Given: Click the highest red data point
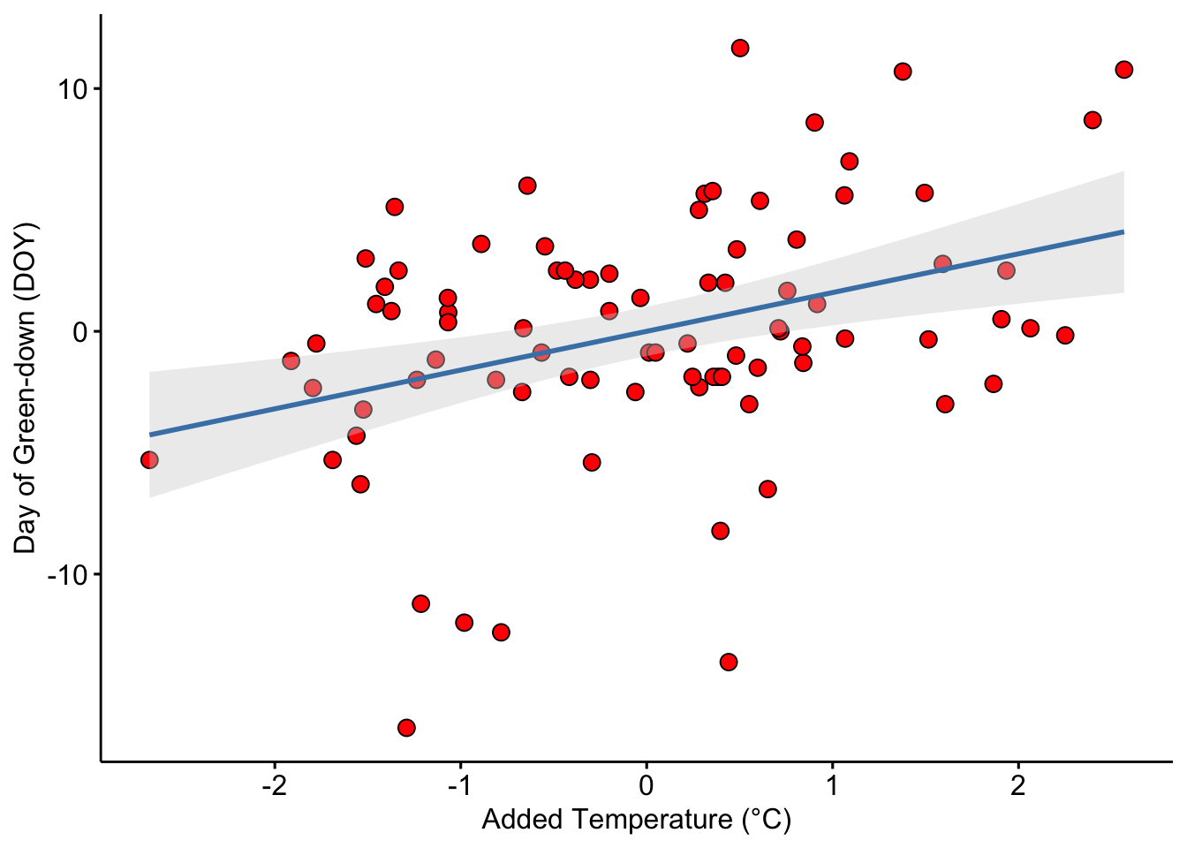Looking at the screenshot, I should (740, 48).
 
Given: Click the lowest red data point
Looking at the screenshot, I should (406, 728).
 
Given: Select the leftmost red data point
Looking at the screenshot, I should (149, 460).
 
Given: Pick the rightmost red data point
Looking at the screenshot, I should (1124, 70).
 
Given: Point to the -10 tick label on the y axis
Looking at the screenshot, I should (68, 575).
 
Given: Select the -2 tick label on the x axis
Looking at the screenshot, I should (274, 785).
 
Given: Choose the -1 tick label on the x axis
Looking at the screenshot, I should (459, 785).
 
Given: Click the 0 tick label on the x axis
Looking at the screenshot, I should (646, 785).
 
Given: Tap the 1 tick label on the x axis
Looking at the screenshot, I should (832, 785).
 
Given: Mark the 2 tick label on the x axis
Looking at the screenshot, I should (1018, 785).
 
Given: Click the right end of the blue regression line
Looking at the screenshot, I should (1123, 231).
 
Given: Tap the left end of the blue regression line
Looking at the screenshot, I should (150, 435).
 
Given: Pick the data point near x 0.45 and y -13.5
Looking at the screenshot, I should (729, 662).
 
